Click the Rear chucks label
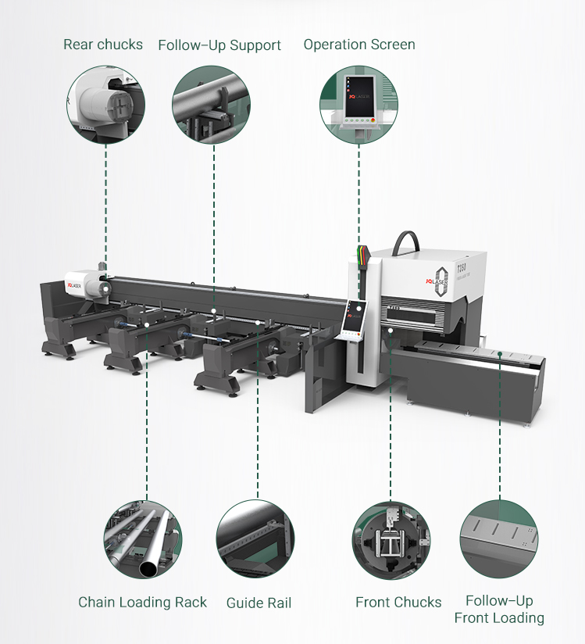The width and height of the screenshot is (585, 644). (x=103, y=45)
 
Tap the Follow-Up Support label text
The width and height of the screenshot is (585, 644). (x=219, y=45)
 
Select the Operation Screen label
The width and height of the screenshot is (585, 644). (x=359, y=45)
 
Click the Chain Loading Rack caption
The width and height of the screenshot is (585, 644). (x=142, y=602)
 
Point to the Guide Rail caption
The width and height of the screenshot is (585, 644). (x=259, y=603)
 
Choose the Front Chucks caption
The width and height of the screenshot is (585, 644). (x=398, y=602)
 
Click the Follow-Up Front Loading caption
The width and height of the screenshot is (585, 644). (x=499, y=609)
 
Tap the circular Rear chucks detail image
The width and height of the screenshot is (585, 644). (x=105, y=104)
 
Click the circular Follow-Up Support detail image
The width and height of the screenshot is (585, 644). (x=211, y=104)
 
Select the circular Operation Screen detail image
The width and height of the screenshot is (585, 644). (x=358, y=104)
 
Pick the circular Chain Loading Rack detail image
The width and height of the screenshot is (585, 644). (x=143, y=539)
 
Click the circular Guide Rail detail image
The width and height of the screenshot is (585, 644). (x=255, y=538)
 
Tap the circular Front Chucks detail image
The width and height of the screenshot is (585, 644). (x=391, y=540)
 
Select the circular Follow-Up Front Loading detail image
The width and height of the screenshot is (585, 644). (x=499, y=538)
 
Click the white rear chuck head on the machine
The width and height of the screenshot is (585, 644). (x=85, y=283)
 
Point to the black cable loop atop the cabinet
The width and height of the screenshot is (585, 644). (x=405, y=242)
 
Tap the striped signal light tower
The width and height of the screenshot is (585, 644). (x=363, y=257)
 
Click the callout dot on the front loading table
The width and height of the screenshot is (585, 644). (x=500, y=353)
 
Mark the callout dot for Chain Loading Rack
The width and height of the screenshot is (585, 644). (x=147, y=325)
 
